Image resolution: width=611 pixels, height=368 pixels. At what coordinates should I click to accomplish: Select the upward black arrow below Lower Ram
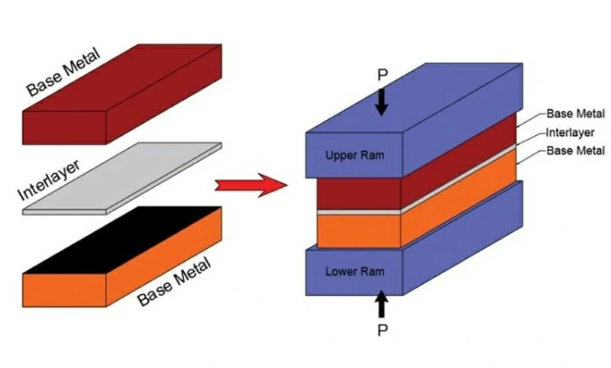382,306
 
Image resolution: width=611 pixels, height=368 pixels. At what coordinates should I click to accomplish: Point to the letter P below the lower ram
382,331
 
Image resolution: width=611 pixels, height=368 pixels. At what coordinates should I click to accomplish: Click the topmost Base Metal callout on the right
575,114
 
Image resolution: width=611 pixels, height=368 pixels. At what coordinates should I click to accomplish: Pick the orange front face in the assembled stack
348,230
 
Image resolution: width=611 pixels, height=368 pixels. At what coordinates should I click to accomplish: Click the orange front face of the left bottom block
65,286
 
